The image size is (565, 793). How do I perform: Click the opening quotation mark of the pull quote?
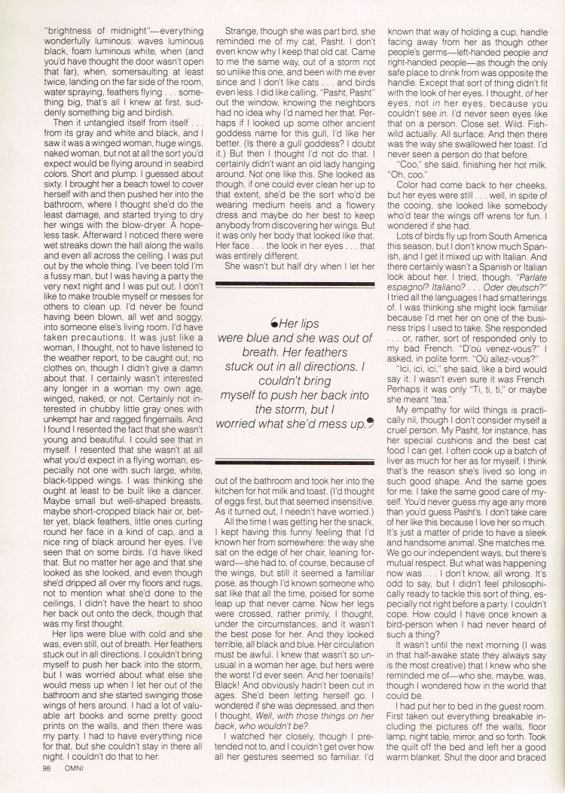pyautogui.click(x=273, y=324)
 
